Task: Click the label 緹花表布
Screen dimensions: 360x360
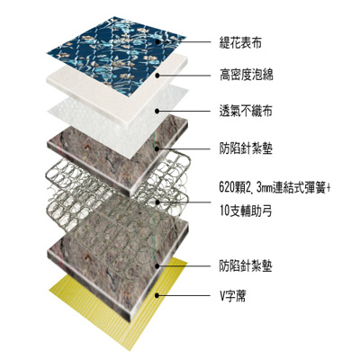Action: coord(240,42)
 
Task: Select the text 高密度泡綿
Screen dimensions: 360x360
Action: coord(246,75)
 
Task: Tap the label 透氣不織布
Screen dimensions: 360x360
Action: coord(246,111)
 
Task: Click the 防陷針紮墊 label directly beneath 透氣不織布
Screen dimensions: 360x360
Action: coord(246,148)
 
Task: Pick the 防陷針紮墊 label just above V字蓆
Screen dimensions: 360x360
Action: coord(246,266)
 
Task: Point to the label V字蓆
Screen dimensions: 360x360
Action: coord(233,296)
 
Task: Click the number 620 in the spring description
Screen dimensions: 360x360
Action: coord(227,189)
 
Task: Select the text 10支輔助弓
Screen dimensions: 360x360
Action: coord(246,211)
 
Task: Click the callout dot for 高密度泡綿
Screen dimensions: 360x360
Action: coord(157,76)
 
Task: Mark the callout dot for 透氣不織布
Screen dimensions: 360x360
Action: coord(157,112)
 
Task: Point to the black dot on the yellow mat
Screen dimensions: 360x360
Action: coord(157,295)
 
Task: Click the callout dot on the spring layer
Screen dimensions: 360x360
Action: coord(157,202)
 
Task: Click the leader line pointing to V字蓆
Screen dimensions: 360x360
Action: coord(184,295)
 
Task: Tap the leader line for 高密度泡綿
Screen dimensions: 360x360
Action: coord(184,76)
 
